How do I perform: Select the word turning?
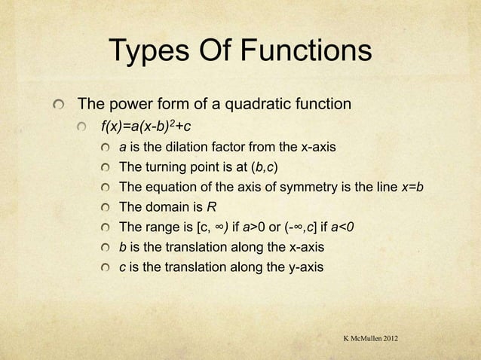[x=165, y=166]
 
